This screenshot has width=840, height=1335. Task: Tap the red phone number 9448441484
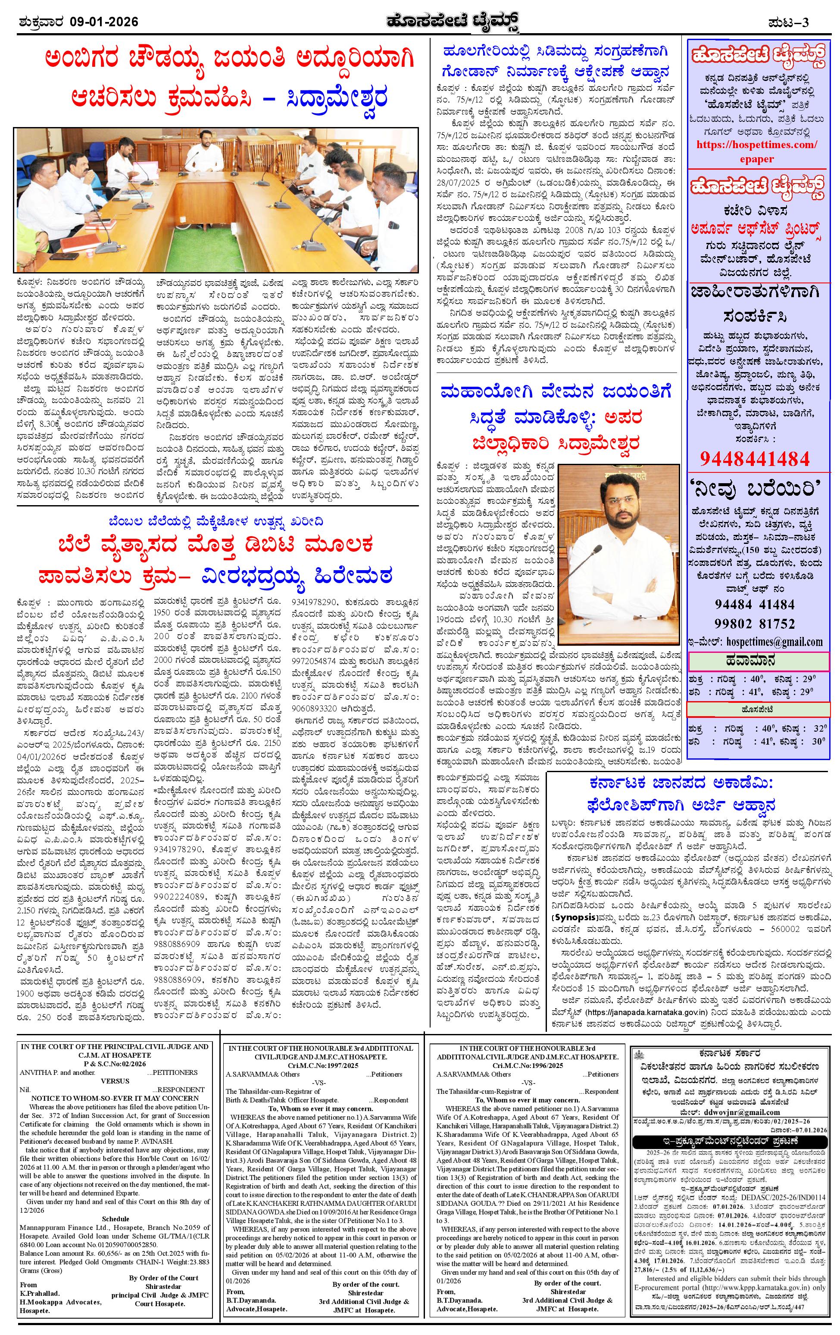point(755,458)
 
